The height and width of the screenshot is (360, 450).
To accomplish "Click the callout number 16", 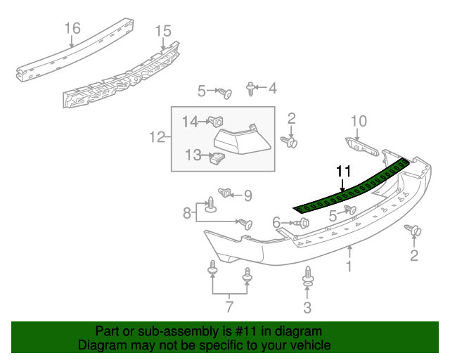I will [73, 28].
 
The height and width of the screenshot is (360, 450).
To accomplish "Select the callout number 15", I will [162, 31].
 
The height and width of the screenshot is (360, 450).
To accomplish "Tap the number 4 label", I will [272, 89].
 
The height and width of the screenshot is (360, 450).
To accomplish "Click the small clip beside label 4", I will [251, 88].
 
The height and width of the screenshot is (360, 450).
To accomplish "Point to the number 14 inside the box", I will [191, 122].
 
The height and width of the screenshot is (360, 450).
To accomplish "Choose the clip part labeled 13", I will [217, 157].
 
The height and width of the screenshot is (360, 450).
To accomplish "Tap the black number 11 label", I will [342, 171].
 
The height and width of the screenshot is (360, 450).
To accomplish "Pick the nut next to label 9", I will [226, 193].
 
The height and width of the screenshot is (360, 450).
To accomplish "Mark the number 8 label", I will [186, 212].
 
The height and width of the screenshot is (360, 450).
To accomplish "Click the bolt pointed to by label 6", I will [303, 223].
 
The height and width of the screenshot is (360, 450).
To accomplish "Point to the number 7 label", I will [229, 307].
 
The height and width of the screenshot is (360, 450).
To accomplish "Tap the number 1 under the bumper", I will [348, 266].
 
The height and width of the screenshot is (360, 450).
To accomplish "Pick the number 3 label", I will [307, 306].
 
